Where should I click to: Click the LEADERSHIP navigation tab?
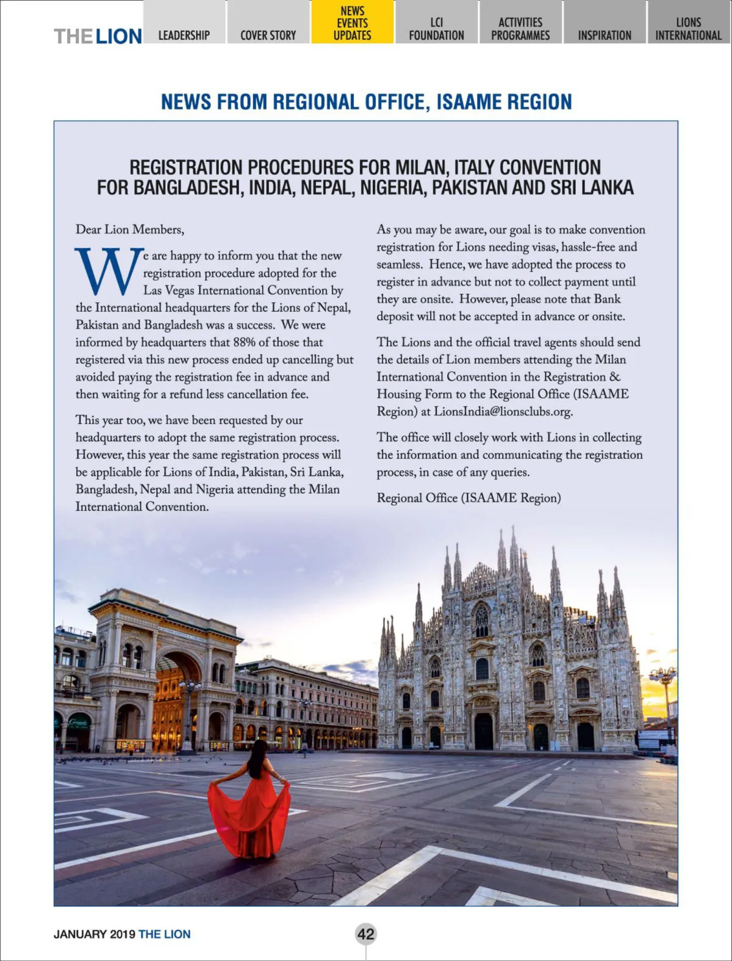pyautogui.click(x=184, y=35)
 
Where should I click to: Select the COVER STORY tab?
pyautogui.click(x=268, y=35)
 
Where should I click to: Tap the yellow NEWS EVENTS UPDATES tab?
pyautogui.click(x=352, y=23)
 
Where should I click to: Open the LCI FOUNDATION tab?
pyautogui.click(x=436, y=29)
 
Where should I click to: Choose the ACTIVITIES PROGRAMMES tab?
pyautogui.click(x=520, y=29)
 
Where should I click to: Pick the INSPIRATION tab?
pyautogui.click(x=605, y=35)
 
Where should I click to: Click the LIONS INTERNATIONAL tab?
pyautogui.click(x=688, y=29)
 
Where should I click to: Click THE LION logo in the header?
pyautogui.click(x=98, y=36)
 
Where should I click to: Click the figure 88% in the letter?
pyautogui.click(x=243, y=342)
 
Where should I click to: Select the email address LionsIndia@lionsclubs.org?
pyautogui.click(x=503, y=411)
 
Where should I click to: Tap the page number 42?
pyautogui.click(x=366, y=934)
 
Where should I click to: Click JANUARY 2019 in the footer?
pyautogui.click(x=94, y=934)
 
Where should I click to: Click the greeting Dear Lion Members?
pyautogui.click(x=129, y=229)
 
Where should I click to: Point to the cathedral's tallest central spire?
pyautogui.click(x=513, y=549)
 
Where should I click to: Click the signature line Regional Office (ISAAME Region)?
pyautogui.click(x=468, y=498)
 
